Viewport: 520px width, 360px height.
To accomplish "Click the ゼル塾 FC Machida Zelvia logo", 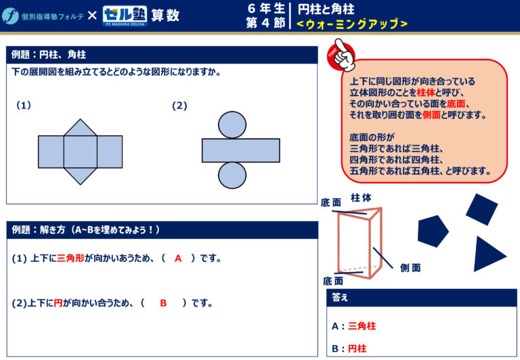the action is point(125,16).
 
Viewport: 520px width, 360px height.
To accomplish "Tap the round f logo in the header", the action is point(10,16).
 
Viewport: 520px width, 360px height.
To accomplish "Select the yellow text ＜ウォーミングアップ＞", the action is point(352,24).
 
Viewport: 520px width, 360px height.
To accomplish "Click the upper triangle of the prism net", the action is point(81,128).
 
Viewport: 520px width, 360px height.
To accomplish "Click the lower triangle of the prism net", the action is point(81,176).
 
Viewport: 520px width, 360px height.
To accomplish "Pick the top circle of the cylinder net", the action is point(232,125).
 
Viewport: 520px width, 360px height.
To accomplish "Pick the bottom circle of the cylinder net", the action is point(232,175).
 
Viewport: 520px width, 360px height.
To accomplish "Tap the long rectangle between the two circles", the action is point(241,150).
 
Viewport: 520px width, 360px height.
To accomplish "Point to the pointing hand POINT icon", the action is point(341,55).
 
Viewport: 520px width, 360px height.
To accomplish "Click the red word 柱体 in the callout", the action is point(426,93).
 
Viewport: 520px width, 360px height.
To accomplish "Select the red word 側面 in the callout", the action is point(431,114).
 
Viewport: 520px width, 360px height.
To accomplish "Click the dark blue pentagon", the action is point(433,231).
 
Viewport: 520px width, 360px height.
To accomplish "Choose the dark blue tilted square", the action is point(482,210).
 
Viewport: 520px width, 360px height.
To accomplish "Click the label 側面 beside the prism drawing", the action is point(410,267).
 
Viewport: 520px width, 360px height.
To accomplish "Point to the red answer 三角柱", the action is point(362,326).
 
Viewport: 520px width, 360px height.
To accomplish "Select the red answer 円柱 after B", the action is point(357,348).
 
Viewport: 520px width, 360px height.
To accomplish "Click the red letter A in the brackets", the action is point(178,258).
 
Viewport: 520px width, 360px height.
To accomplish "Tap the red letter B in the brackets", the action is point(163,303).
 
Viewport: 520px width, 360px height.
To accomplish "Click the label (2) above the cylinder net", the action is point(179,106).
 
